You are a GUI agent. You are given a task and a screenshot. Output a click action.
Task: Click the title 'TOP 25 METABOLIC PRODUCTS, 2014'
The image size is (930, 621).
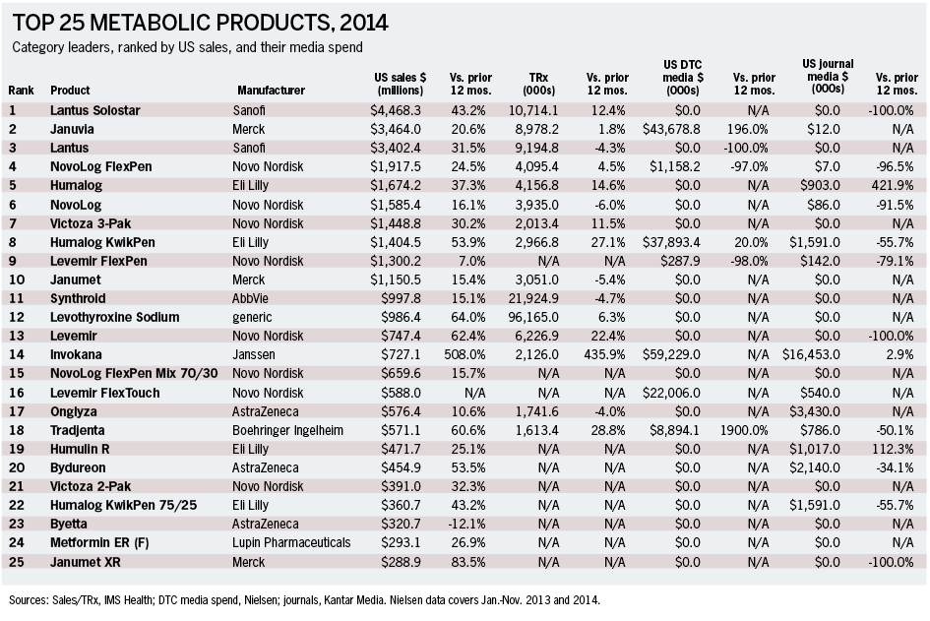point(200,23)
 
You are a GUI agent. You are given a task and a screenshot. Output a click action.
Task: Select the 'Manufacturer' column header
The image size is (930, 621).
point(271,91)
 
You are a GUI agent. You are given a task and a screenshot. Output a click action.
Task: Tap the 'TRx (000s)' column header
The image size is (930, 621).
point(538,84)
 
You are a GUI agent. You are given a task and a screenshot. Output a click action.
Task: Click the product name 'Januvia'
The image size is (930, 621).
point(72,129)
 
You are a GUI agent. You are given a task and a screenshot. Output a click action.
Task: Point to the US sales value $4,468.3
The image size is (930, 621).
point(396,110)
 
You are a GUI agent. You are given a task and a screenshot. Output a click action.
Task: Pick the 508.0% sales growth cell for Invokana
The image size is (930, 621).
point(465,354)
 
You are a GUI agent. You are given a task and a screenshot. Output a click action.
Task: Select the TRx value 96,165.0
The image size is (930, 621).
point(533,317)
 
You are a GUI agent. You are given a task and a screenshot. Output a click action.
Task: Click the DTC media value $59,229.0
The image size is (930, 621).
point(671,354)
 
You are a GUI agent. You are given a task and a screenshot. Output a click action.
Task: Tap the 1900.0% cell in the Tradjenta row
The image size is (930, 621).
point(744,431)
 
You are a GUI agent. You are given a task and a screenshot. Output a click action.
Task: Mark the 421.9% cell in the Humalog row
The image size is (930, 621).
point(893,186)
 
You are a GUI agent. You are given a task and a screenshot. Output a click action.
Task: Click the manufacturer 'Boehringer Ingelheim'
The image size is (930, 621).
point(287,431)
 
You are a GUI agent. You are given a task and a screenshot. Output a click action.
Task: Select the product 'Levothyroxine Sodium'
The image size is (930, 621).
point(114,317)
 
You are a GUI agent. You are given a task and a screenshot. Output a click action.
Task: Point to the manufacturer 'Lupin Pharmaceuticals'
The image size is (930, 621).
point(291,542)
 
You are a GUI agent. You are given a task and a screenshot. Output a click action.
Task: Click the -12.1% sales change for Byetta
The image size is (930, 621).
point(468,525)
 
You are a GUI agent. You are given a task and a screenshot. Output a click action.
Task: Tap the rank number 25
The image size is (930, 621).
point(17,562)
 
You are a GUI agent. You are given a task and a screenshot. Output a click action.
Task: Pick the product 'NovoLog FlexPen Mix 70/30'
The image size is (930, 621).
point(134,374)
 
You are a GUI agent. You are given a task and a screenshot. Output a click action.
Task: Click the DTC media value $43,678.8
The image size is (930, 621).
point(671,129)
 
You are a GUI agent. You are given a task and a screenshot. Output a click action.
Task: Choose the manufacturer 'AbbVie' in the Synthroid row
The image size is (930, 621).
point(250,298)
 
